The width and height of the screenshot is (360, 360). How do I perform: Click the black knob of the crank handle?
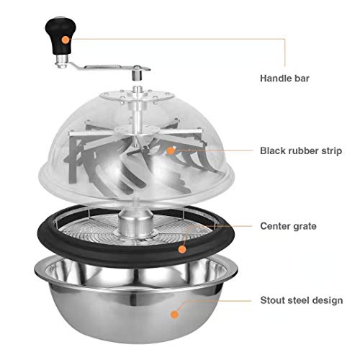click(60, 35)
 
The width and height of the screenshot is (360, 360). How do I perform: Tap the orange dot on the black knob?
click(66, 40)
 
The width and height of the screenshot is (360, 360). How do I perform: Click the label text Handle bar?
click(284, 78)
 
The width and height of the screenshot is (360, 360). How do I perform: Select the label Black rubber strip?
click(301, 151)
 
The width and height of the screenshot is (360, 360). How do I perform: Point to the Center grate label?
click(288, 226)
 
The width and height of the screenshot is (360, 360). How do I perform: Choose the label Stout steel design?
click(302, 300)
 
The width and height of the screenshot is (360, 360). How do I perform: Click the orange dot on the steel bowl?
click(174, 315)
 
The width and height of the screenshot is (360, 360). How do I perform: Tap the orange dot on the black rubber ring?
click(182, 250)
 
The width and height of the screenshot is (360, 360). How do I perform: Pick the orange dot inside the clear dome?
click(171, 150)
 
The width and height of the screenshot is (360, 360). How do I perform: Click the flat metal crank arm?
click(103, 68)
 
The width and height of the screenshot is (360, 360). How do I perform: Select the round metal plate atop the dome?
click(137, 95)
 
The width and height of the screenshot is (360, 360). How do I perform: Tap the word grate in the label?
click(305, 227)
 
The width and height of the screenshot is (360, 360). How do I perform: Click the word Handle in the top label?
click(275, 78)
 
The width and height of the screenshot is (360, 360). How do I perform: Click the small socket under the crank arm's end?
click(137, 76)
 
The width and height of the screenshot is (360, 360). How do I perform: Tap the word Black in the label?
click(273, 150)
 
